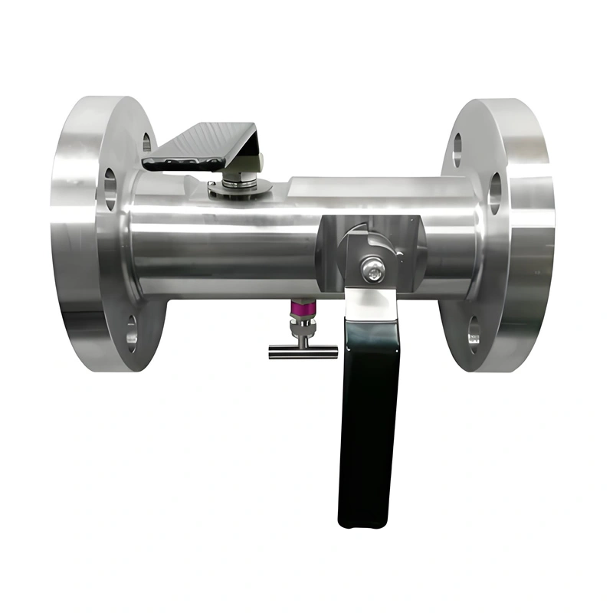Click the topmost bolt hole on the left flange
146,143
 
